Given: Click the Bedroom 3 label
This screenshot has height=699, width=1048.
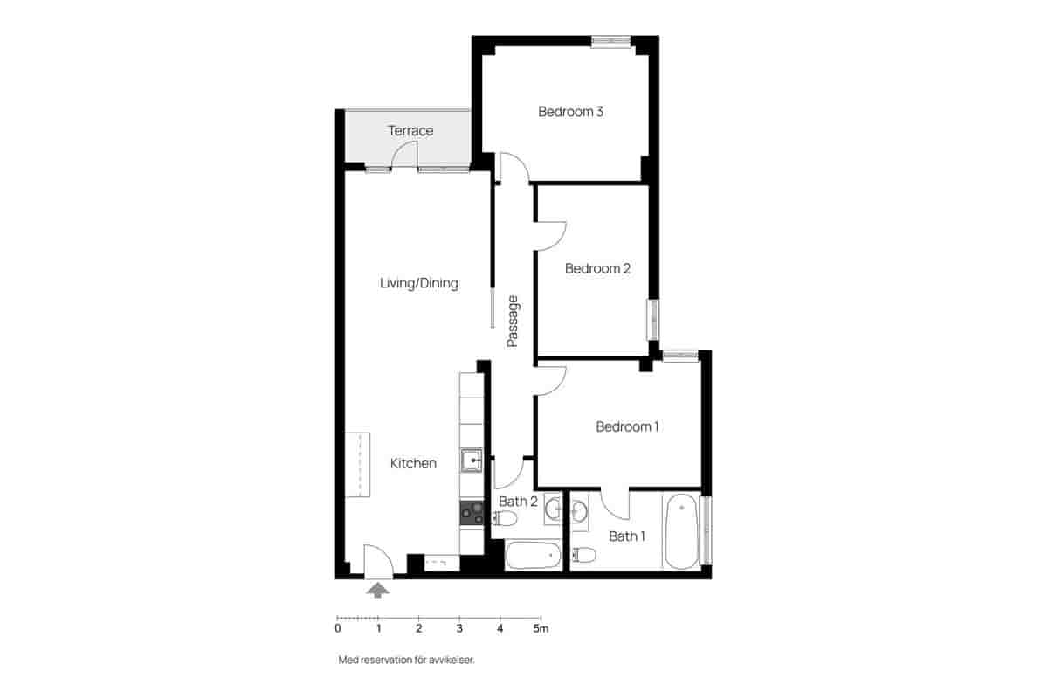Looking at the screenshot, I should pos(571,112).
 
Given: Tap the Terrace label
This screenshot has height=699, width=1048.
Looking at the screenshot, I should pos(410,131).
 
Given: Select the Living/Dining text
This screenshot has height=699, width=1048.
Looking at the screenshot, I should pos(418,283).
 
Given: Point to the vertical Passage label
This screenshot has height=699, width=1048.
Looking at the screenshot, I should pos(514,322).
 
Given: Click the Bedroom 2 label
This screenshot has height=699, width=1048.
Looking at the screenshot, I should pos(597,268).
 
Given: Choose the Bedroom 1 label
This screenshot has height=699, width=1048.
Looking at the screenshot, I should pos(627,426).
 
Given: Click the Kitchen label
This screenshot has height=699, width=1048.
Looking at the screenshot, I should pos(413,463).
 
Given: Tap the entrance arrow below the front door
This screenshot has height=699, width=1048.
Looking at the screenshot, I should pos(378,591).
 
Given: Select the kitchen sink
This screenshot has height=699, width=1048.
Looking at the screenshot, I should pos(472,460).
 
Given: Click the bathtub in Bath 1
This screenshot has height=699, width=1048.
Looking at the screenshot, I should pos(682,532).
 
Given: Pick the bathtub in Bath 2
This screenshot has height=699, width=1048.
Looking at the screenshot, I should pos(534,555).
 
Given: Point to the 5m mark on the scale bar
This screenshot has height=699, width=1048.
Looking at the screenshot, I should pos(541,628).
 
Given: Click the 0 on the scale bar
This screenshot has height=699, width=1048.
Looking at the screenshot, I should pos(338,628).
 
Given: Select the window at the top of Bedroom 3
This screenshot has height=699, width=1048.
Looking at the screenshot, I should pos(610,40).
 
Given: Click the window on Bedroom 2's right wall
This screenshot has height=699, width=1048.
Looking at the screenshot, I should pos(652,319).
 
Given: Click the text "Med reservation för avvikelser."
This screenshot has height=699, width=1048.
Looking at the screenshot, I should pos(406,661).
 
